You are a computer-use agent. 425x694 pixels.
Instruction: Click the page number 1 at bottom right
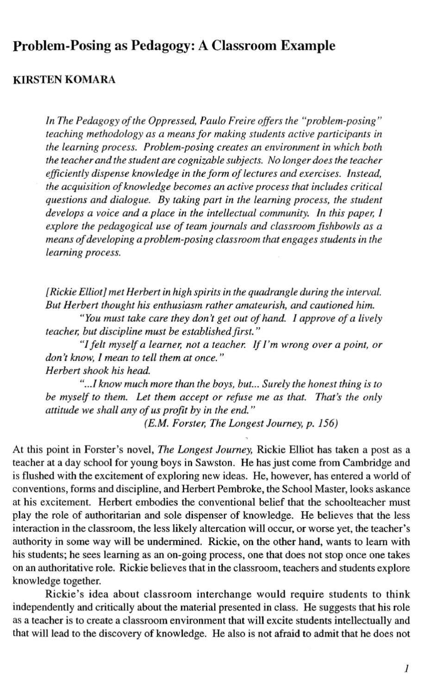tap(406, 668)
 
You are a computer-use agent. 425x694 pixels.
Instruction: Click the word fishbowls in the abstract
tap(346, 227)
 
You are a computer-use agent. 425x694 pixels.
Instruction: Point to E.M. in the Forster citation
tap(156, 423)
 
